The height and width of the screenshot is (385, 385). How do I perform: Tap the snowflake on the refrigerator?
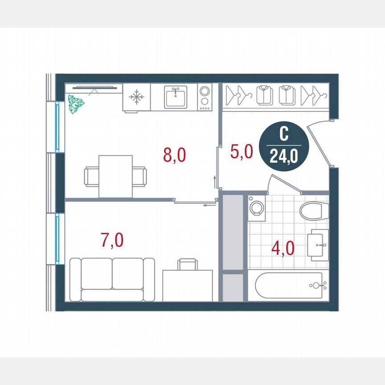click(x=136, y=97)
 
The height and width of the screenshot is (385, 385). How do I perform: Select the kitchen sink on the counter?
click(x=177, y=97)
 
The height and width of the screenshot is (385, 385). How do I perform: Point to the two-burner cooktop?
click(x=205, y=97)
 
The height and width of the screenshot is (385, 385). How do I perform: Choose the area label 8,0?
click(x=174, y=156)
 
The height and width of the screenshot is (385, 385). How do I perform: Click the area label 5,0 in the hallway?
click(x=242, y=152)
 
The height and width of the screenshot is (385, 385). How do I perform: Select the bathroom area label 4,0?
click(x=283, y=247)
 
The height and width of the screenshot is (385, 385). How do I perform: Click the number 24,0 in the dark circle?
click(x=283, y=157)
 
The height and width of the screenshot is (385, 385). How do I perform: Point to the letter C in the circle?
click(x=283, y=134)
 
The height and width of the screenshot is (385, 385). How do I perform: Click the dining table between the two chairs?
click(x=115, y=176)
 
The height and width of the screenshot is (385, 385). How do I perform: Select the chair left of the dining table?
click(x=91, y=176)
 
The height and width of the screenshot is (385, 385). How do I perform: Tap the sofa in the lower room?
click(x=112, y=279)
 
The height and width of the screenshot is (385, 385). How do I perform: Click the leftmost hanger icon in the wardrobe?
click(x=235, y=95)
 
